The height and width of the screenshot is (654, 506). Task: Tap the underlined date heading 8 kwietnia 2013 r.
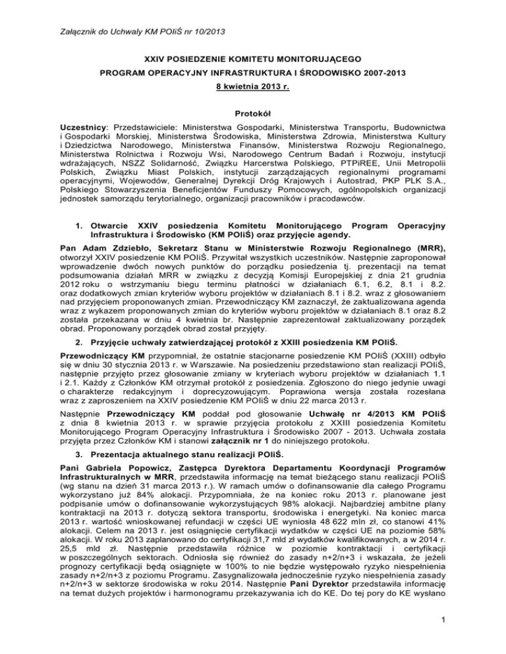[253, 86]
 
